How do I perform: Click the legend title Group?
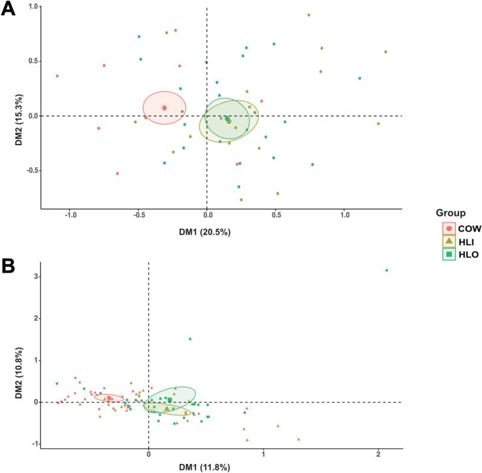coord(453,212)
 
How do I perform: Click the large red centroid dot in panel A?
coord(164,108)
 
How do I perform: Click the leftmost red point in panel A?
coord(57,76)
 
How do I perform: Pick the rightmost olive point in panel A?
coord(385,52)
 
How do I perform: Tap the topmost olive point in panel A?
coord(308,15)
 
